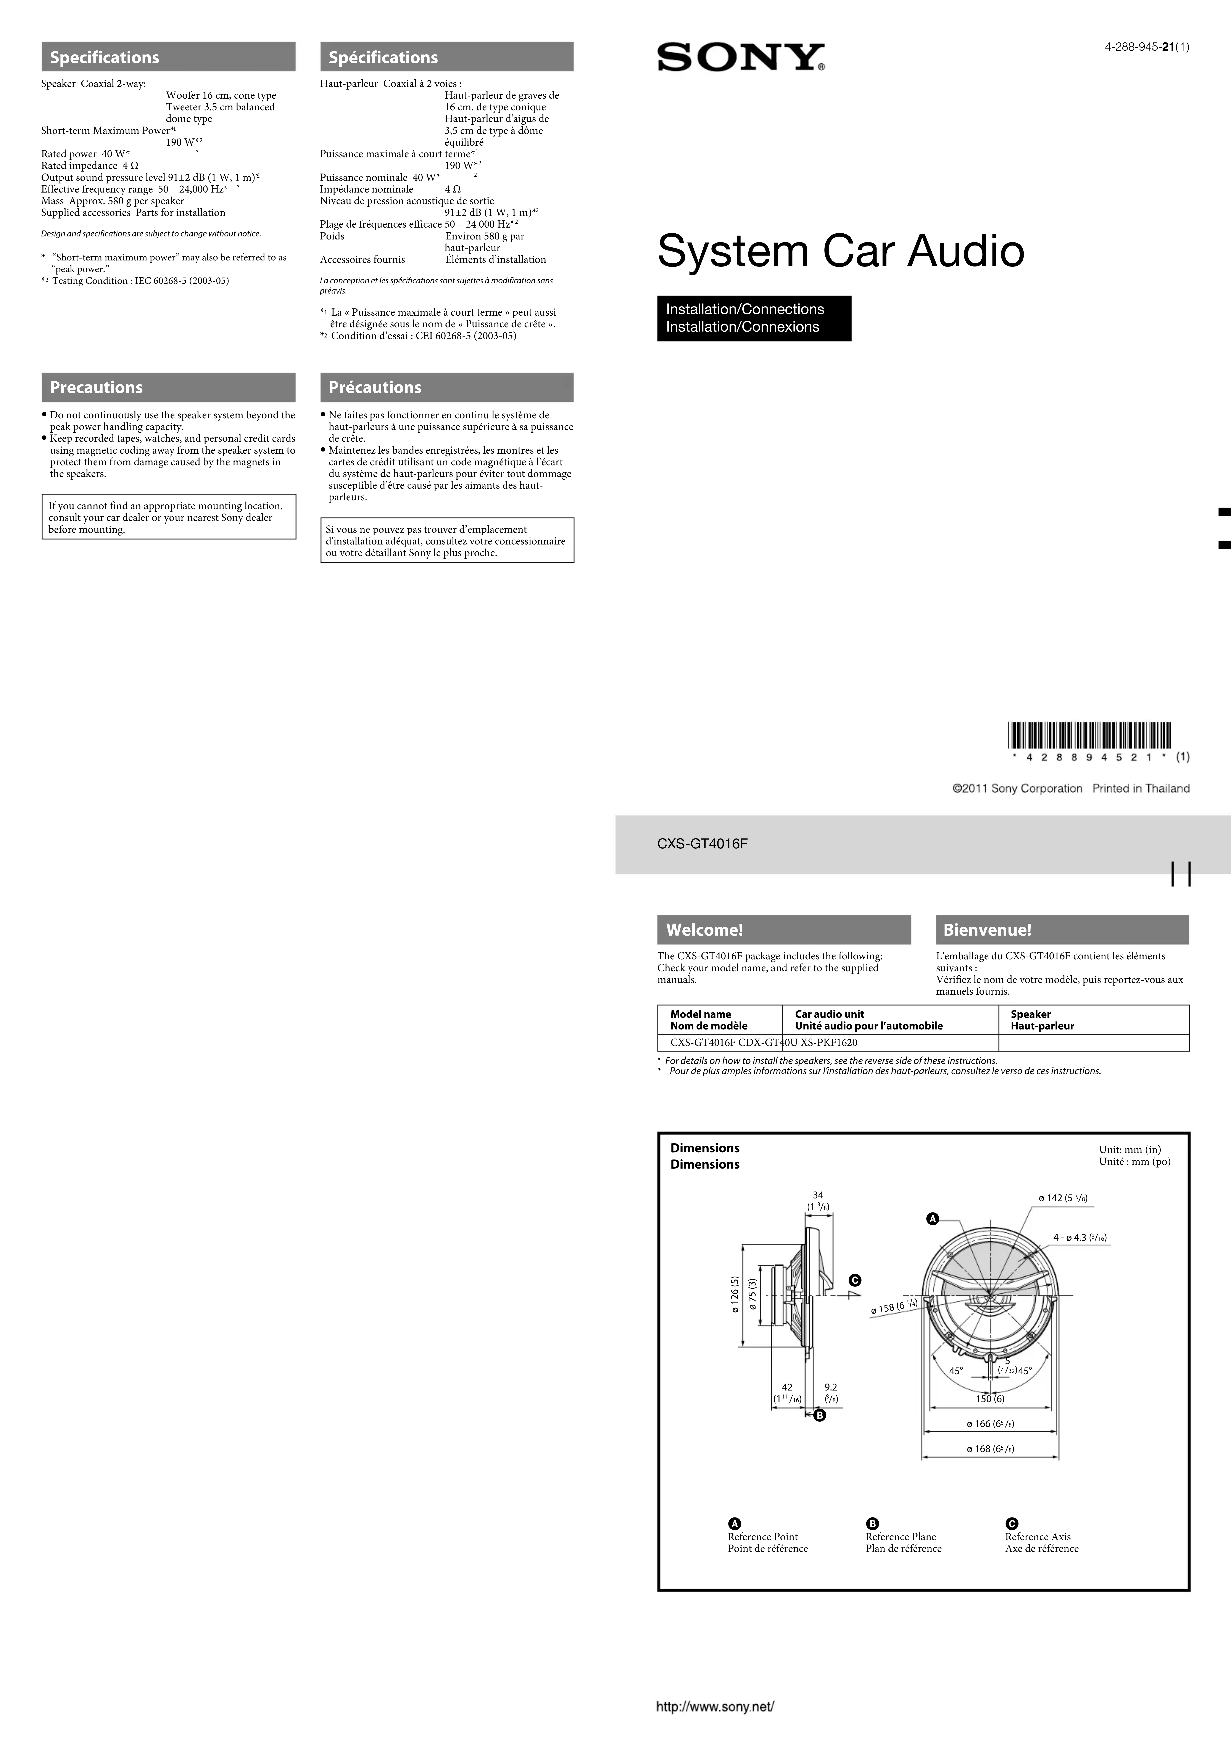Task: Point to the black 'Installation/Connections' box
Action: pyautogui.click(x=754, y=318)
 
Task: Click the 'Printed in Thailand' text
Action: pyautogui.click(x=1140, y=788)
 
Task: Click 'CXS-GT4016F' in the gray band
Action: pyautogui.click(x=702, y=843)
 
